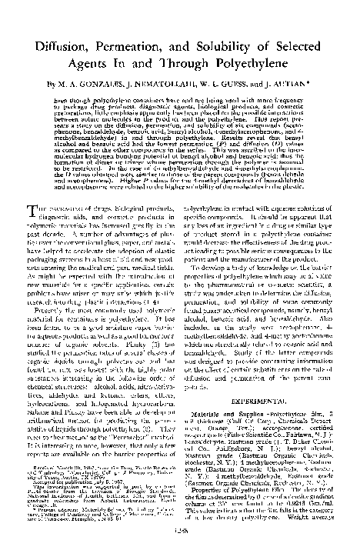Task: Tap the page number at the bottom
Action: (181, 532)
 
